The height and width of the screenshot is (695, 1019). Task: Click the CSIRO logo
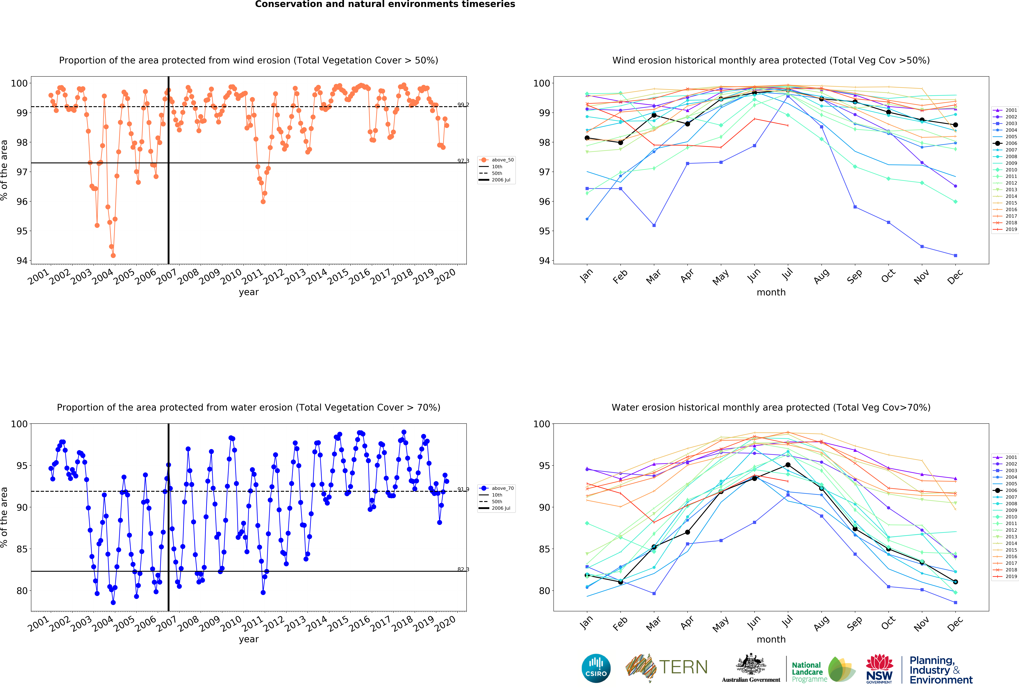click(596, 668)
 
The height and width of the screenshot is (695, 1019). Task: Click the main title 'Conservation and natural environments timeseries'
click(385, 4)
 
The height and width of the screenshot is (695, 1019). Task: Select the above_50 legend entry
click(497, 160)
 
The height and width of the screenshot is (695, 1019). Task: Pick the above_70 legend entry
click(497, 488)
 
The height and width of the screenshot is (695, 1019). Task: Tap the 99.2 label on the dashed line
click(463, 105)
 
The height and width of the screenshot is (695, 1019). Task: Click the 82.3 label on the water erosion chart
click(463, 570)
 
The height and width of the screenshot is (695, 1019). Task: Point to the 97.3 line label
click(463, 161)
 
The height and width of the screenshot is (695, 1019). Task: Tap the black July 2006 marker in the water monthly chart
click(788, 465)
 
